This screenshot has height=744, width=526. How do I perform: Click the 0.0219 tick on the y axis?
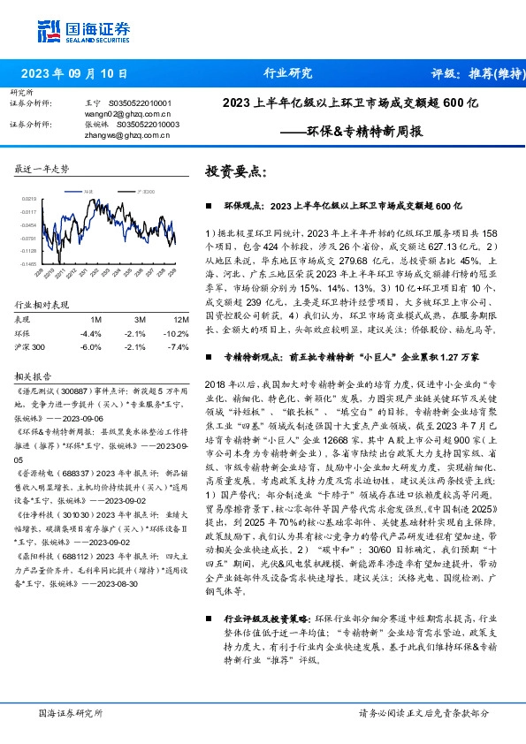[29, 200]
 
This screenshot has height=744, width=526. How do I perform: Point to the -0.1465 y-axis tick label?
[28, 263]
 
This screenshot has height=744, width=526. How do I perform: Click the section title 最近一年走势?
[42, 168]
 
